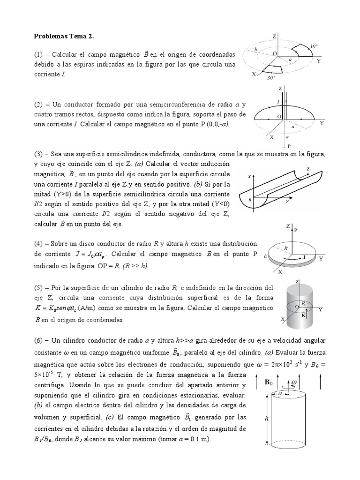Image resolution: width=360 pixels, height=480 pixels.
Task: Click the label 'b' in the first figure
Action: [255, 49]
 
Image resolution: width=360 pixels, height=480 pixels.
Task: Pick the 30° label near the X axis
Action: [270, 79]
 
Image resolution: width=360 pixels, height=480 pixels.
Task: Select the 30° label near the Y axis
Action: [314, 46]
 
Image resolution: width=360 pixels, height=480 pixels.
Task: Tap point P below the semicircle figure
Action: [289, 146]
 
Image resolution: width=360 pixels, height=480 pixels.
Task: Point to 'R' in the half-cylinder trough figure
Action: [250, 199]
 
